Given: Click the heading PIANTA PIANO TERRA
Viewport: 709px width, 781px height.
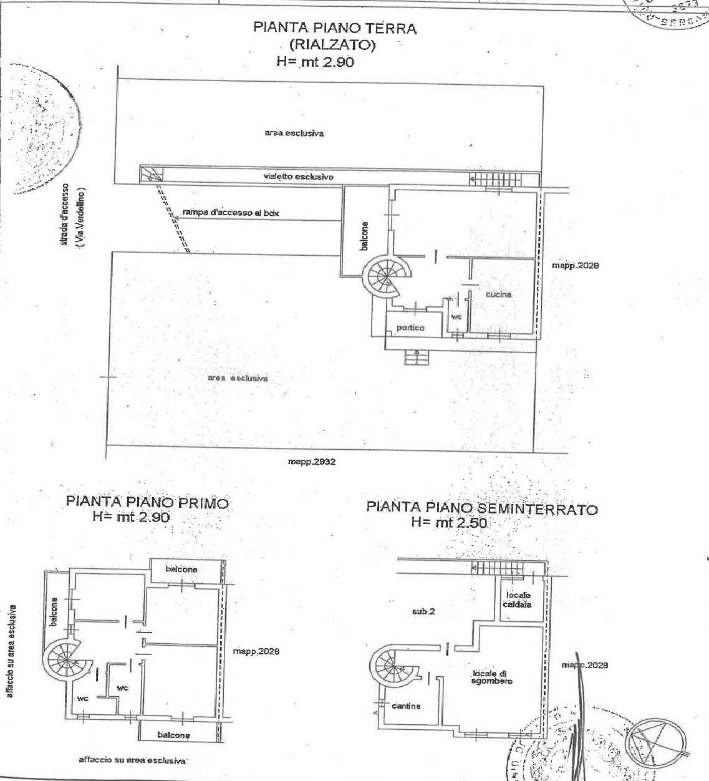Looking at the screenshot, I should click(x=334, y=28).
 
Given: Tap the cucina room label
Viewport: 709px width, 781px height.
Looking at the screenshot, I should click(x=499, y=294).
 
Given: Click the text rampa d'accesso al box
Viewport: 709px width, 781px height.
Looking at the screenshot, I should click(x=231, y=213).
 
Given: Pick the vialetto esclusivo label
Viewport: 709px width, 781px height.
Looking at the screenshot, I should click(x=298, y=177).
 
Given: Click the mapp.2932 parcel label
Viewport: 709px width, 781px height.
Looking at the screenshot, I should click(x=312, y=462).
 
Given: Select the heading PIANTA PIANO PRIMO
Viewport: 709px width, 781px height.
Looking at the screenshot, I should click(x=148, y=502).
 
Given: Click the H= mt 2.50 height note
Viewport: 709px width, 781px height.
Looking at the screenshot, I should click(x=448, y=523).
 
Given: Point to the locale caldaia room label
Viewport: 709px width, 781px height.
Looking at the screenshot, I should click(x=518, y=600).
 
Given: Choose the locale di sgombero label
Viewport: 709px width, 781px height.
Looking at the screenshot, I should click(x=493, y=677).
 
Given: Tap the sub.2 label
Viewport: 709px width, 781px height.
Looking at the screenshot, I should click(x=423, y=612).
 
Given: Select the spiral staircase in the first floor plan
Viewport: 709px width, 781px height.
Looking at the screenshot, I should click(x=63, y=657).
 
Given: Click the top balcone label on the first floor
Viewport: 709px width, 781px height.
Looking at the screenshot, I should click(x=181, y=569).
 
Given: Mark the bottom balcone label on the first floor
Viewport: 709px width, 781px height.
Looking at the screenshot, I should click(x=173, y=735).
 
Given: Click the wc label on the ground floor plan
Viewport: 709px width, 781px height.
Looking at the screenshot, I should click(x=456, y=317).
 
